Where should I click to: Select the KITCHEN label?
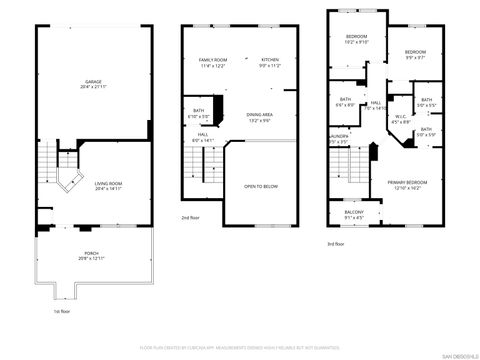pyautogui.click(x=270, y=63)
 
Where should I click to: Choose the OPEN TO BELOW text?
pyautogui.click(x=260, y=187)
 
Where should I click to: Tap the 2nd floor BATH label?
pyautogui.click(x=199, y=112)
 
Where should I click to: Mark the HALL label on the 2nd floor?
pyautogui.click(x=202, y=137)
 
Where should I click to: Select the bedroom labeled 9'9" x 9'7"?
pyautogui.click(x=415, y=54)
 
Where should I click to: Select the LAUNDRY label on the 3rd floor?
pyautogui.click(x=337, y=139)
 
